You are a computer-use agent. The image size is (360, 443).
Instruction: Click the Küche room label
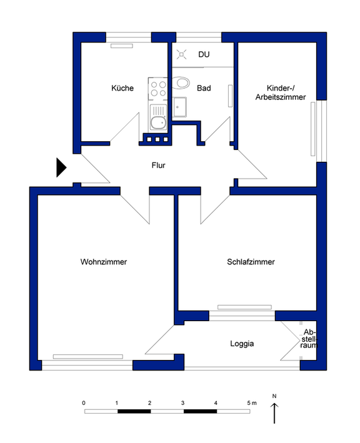[x=122, y=88]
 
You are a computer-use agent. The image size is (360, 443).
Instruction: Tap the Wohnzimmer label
[x=104, y=262]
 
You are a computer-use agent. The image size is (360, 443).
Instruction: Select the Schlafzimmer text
[x=251, y=262]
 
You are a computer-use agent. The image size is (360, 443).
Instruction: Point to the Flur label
[x=158, y=165]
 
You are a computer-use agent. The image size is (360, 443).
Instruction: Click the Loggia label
[x=242, y=344]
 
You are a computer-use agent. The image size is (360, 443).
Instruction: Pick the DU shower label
[x=204, y=54]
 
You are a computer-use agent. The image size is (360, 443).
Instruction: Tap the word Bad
[x=204, y=88]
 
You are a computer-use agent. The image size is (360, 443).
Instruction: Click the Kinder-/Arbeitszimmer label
[x=281, y=92]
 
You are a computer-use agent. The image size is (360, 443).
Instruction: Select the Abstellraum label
[x=309, y=339]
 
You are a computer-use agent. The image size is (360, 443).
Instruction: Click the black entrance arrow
[x=61, y=167]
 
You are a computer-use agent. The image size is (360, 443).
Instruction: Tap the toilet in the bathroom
[x=181, y=83]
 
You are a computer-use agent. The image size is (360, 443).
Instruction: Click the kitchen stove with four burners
[x=158, y=89]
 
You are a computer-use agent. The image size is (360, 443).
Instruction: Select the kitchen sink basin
[x=158, y=122]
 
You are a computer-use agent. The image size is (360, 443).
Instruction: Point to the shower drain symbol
[x=181, y=54]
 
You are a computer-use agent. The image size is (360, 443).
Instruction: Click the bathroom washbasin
[x=179, y=107]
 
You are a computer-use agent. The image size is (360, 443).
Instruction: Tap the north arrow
[x=274, y=413]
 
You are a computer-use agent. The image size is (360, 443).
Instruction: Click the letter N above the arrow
[x=274, y=396]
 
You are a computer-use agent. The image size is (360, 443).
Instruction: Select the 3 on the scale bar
[x=183, y=403]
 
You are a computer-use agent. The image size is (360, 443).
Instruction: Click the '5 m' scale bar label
[x=252, y=403]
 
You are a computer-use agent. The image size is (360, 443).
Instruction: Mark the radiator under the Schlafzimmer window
[x=244, y=307]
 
